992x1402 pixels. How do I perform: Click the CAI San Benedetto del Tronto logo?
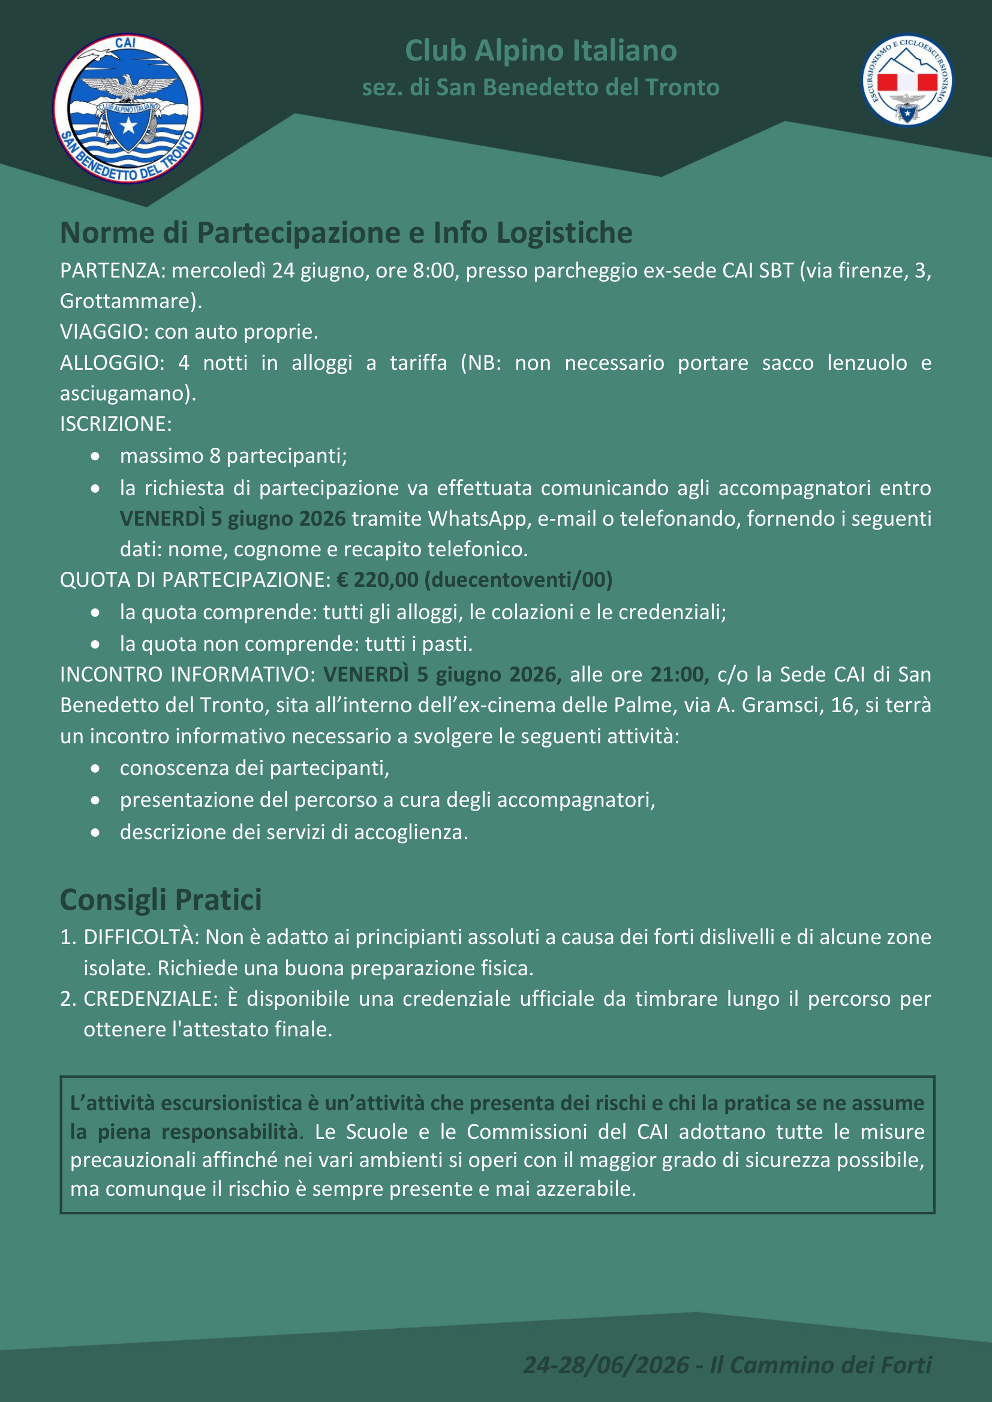(x=128, y=108)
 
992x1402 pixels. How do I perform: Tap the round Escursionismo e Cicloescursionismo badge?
(x=907, y=80)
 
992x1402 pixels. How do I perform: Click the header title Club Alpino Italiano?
(x=540, y=51)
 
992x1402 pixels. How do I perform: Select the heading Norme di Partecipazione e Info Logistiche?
(x=345, y=233)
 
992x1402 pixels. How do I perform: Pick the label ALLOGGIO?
(x=109, y=363)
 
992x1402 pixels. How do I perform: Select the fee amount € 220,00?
(x=377, y=580)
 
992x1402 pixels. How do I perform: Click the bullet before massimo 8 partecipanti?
(x=95, y=456)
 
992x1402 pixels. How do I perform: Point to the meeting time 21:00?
(x=677, y=674)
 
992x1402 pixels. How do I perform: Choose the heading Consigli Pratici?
(x=161, y=900)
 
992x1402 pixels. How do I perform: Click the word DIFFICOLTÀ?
(x=140, y=937)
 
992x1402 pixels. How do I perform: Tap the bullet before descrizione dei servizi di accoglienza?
(x=95, y=833)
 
